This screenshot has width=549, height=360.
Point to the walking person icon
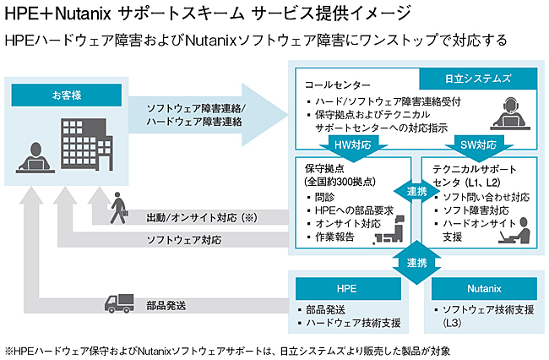pyautogui.click(x=118, y=208)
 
